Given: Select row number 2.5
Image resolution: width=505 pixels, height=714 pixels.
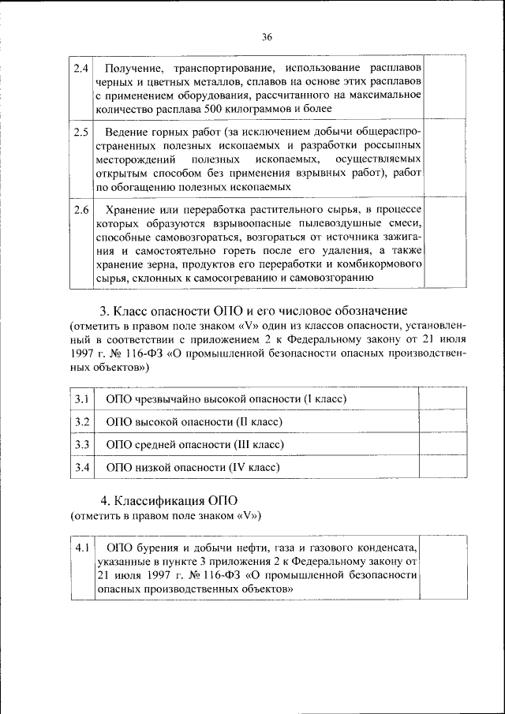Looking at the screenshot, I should pos(80,133).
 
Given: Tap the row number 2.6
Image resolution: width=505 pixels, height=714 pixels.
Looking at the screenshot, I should pos(80,210).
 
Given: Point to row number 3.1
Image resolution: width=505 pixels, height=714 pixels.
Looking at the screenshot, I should pos(80,399).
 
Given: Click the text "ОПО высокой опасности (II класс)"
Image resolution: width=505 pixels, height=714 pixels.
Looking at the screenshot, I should pos(193,422).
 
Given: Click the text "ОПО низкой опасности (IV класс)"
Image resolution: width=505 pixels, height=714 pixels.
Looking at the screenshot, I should pos(193,468).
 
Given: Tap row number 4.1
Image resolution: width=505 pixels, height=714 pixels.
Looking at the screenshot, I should pos(80,547).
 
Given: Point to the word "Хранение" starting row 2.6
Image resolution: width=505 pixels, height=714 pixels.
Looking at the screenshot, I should pos(128,210).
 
